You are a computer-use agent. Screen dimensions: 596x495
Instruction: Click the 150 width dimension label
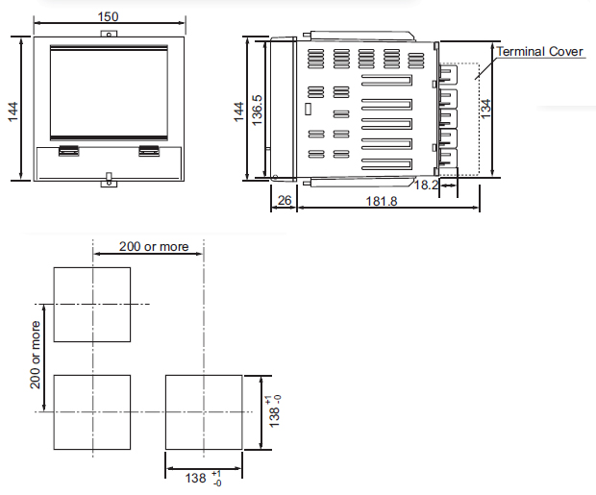109,16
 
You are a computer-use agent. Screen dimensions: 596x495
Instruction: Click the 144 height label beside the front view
12,111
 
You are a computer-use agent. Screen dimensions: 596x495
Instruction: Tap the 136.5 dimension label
257,111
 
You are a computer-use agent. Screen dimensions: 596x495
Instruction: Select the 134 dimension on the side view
485,109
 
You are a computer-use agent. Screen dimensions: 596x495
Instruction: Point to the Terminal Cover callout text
539,51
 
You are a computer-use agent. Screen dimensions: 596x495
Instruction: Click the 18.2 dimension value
426,185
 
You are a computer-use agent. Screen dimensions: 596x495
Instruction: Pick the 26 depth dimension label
285,200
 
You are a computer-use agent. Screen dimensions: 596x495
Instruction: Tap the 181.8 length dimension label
382,201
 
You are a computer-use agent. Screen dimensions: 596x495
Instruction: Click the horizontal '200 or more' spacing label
154,246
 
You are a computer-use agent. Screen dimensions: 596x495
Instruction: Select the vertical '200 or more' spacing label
35,355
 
